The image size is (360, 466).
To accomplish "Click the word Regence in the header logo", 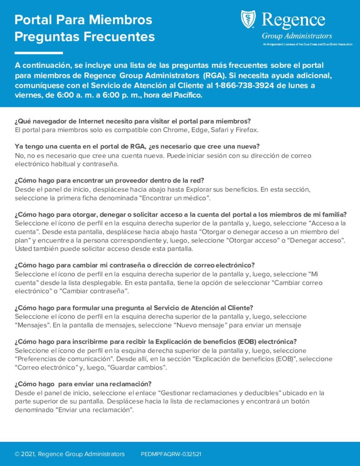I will pyautogui.click(x=294, y=20).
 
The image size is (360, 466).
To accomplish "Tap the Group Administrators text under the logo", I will pyautogui.click(x=297, y=36).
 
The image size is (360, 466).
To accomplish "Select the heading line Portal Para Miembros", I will pyautogui.click(x=83, y=20).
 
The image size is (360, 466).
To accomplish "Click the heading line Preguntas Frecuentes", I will pyautogui.click(x=85, y=36).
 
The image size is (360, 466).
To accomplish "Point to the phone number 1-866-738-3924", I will pyautogui.click(x=245, y=85).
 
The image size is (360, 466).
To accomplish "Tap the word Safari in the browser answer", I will pyautogui.click(x=220, y=130).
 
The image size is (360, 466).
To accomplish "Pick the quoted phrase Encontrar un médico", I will pyautogui.click(x=175, y=198).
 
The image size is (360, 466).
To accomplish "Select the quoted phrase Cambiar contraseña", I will pyautogui.click(x=101, y=291).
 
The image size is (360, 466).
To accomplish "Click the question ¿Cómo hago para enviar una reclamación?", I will pyautogui.click(x=83, y=384).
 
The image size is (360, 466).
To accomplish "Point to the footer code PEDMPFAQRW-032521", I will pyautogui.click(x=171, y=454).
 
